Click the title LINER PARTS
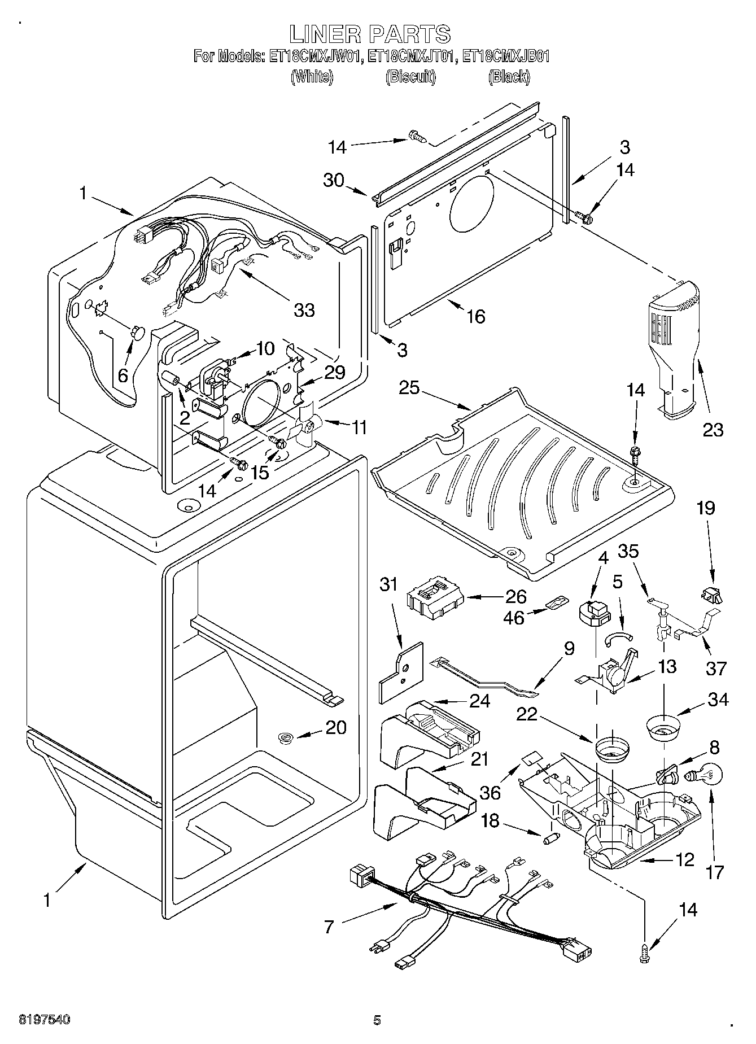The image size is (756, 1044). pos(370,34)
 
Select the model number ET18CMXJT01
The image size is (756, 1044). pos(412,56)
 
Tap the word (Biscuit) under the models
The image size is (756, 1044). pos(411,77)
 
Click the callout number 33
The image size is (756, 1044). pos(304,310)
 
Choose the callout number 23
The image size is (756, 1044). pos(713,430)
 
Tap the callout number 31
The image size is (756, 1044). pos(388,584)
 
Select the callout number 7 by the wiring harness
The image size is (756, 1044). pos(330,927)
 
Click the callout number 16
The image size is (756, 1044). pos(476,317)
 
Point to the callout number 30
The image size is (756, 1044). pos(334,180)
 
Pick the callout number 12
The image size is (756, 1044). pos(684,860)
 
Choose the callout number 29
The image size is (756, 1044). pos(335,372)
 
